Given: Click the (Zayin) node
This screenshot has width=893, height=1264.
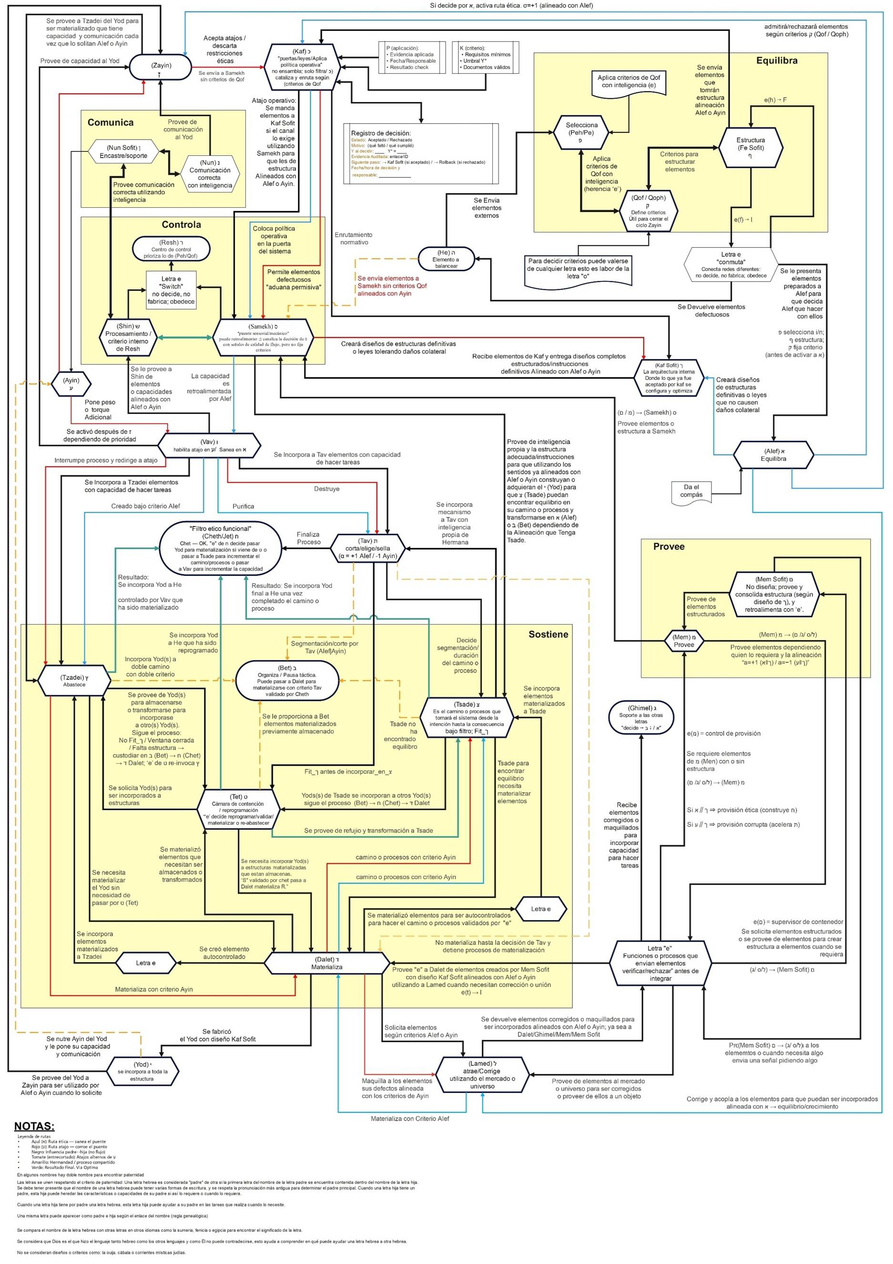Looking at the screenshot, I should (160, 68).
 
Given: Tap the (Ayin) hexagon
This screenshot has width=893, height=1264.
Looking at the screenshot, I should (71, 383).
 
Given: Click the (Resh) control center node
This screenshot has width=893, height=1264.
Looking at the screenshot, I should (171, 249).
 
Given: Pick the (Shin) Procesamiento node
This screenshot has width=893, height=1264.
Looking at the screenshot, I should (128, 337).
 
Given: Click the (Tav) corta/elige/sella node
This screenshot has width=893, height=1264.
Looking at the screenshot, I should (368, 548).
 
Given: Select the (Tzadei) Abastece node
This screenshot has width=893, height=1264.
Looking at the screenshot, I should (74, 680).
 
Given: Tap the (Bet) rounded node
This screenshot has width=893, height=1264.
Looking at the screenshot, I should (287, 680).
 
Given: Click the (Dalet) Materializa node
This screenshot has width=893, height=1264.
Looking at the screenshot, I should (327, 963).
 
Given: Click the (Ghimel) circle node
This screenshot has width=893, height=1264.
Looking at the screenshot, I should (641, 718).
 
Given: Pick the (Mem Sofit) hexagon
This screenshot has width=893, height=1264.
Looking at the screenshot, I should (773, 594).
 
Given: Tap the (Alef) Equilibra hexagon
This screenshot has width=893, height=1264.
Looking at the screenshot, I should (774, 455).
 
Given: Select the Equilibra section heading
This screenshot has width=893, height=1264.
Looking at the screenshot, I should (776, 61).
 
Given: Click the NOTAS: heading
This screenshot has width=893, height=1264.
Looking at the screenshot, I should (34, 1126).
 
